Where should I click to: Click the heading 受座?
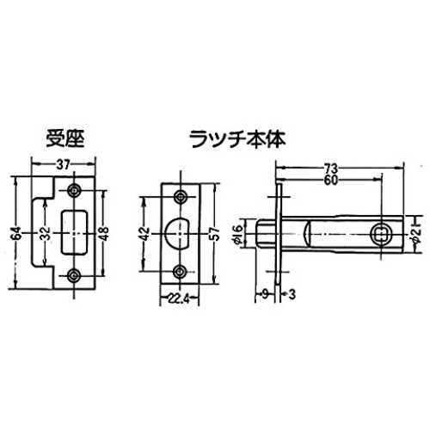[x=65, y=139]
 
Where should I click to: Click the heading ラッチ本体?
[x=237, y=139]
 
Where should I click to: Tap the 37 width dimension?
[x=63, y=165]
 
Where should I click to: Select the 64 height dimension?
[x=17, y=233]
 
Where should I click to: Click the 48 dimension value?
[x=104, y=233]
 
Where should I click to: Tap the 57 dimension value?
[x=215, y=233]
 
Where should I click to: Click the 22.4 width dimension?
[x=179, y=300]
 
